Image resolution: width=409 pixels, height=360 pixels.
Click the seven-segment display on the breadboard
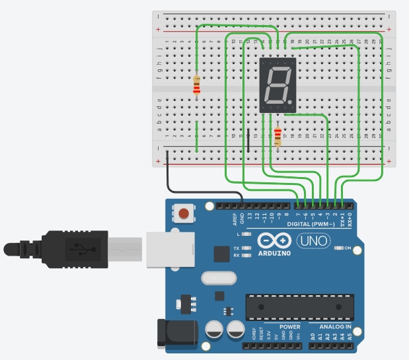pyautogui.click(x=278, y=84)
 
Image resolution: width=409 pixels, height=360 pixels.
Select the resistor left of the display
pyautogui.click(x=197, y=85)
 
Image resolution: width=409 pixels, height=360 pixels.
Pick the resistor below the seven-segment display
pyautogui.click(x=278, y=136)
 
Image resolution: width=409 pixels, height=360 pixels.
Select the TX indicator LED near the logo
pyautogui.click(x=247, y=248)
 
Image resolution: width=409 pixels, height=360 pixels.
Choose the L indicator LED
pyautogui.click(x=247, y=234)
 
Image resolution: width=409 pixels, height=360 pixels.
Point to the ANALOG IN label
pyautogui.click(x=336, y=327)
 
